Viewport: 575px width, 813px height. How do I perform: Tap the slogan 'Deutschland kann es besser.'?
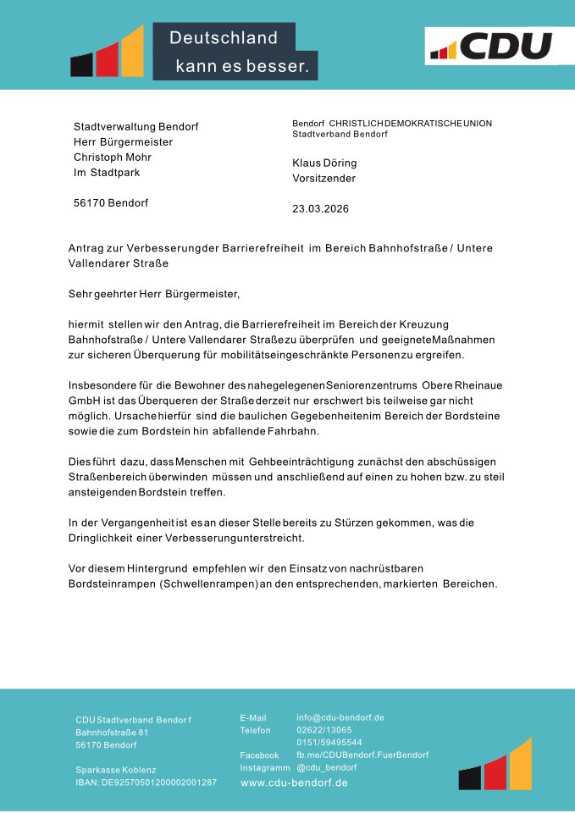(235, 52)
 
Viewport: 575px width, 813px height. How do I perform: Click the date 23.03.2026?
(320, 208)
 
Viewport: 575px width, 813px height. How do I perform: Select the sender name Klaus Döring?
(324, 163)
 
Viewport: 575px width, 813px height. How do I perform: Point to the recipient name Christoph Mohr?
(112, 157)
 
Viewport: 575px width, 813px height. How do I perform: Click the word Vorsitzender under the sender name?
(323, 179)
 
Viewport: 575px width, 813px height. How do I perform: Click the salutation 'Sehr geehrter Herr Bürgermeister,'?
(154, 295)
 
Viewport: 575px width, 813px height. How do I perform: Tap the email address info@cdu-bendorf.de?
(340, 717)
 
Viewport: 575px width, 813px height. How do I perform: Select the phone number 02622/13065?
(323, 729)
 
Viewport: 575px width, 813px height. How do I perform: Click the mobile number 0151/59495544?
(329, 742)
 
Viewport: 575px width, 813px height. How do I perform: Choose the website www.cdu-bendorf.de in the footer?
(294, 783)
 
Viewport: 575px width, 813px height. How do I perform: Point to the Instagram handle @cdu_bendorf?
(326, 767)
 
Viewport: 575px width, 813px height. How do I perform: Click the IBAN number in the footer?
(146, 783)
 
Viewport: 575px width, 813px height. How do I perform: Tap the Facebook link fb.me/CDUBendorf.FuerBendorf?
(362, 755)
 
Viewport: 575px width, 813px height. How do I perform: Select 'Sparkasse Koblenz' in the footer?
(115, 770)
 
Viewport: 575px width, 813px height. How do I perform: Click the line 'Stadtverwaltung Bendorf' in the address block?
(135, 126)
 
